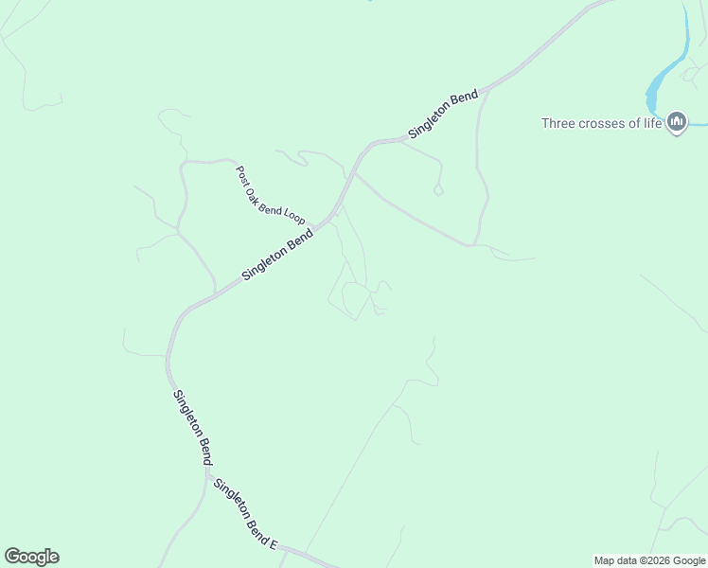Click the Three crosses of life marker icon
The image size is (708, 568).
[677, 122]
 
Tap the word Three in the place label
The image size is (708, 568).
[558, 123]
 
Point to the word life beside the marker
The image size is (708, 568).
[653, 123]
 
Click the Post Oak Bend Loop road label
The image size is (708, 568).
[270, 195]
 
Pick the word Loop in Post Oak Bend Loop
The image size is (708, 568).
[293, 213]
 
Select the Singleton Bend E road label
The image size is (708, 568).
[245, 515]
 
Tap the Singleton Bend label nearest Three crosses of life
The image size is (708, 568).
[443, 116]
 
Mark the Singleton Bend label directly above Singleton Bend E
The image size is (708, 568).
[192, 427]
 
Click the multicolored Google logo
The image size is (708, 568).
[31, 557]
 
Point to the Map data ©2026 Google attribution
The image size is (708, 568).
[649, 560]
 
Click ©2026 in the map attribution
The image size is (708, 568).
[648, 560]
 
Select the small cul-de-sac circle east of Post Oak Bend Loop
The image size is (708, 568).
[438, 190]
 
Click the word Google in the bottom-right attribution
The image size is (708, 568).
[688, 560]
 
